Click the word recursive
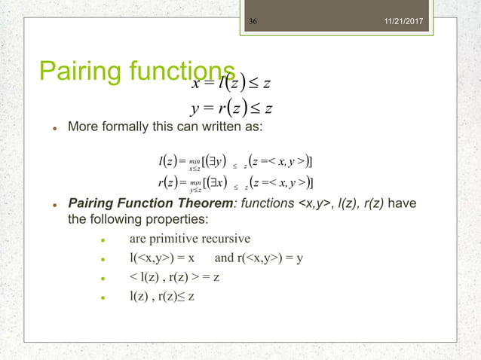click(228, 239)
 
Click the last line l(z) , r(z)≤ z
click(162, 295)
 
